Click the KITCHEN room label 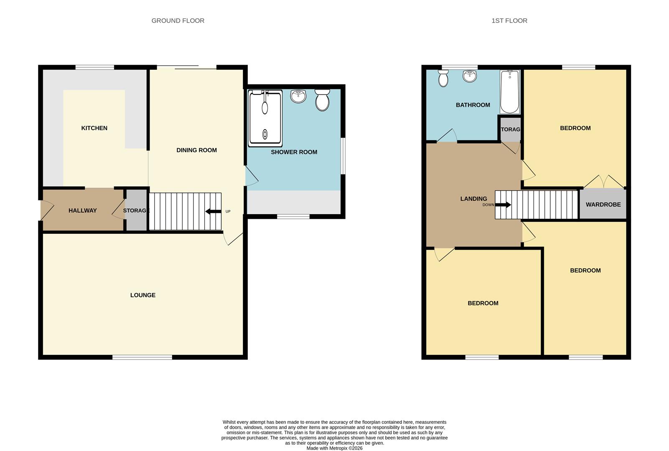pos(94,128)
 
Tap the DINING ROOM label pos(196,150)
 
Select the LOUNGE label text pos(143,295)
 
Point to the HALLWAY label pos(82,210)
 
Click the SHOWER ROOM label pos(294,152)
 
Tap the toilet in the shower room pos(322,100)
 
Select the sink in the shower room pos(298,96)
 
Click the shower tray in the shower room pos(265,118)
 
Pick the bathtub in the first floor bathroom pos(509,92)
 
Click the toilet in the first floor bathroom pos(443,78)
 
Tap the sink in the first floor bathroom pos(470,76)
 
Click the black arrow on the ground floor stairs pos(213,211)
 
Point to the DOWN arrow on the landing pos(503,205)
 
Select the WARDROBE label pos(603,205)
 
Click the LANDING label pos(473,199)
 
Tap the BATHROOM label pos(473,105)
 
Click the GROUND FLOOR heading pos(178,20)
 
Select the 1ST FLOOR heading pos(509,20)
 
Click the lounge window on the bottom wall pos(142,357)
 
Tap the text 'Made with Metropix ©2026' pos(334,448)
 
